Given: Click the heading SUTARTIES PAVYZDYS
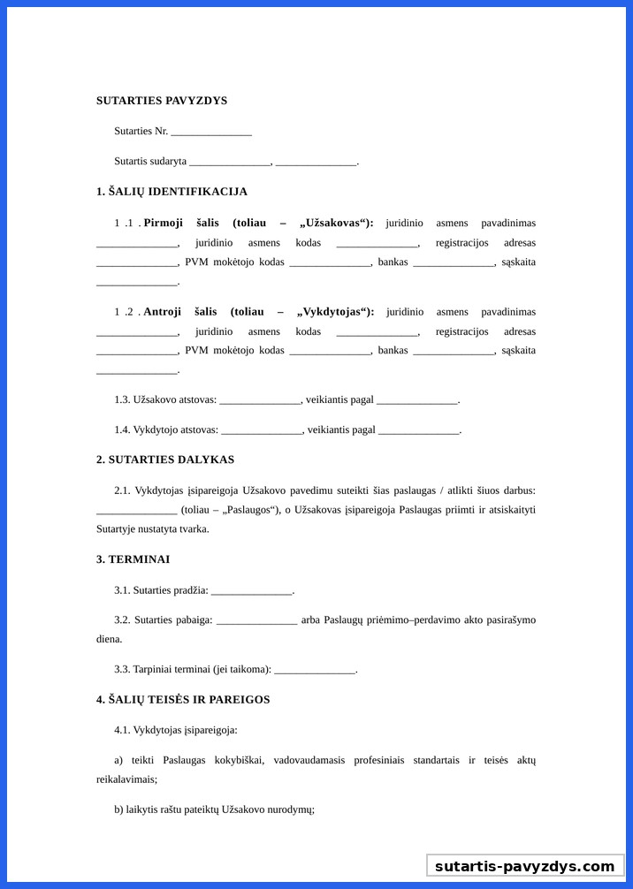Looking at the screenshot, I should pyautogui.click(x=162, y=101).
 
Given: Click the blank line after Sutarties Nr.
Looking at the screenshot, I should pyautogui.click(x=211, y=132).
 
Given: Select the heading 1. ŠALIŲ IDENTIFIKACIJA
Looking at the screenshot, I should pyautogui.click(x=172, y=192).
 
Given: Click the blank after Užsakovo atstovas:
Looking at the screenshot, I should pyautogui.click(x=260, y=400).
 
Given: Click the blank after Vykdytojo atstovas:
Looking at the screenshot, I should pyautogui.click(x=262, y=430).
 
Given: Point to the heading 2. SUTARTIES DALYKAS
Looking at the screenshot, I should pyautogui.click(x=165, y=460).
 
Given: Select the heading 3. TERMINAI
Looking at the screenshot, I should pyautogui.click(x=133, y=559).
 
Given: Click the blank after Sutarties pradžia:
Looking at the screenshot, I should pyautogui.click(x=251, y=590).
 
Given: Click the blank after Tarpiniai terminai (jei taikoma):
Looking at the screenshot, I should pyautogui.click(x=315, y=670).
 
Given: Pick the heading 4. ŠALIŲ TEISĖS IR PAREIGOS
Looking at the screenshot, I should pyautogui.click(x=183, y=700).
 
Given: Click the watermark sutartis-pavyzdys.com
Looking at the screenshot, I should pyautogui.click(x=524, y=866).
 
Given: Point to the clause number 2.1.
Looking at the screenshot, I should pyautogui.click(x=122, y=490).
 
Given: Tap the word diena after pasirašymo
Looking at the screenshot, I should pyautogui.click(x=109, y=639).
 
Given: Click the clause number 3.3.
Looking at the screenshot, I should pyautogui.click(x=122, y=670).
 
